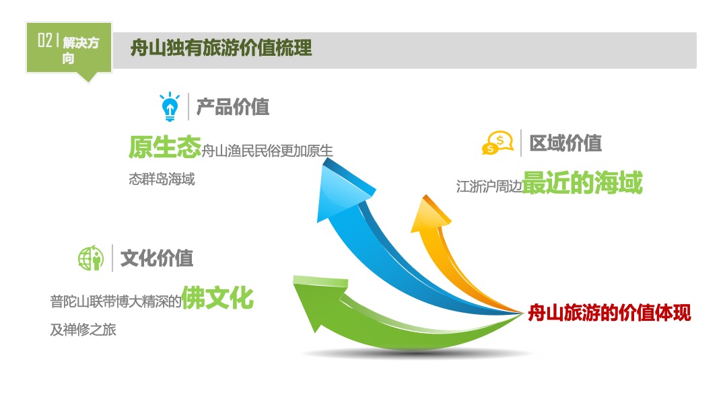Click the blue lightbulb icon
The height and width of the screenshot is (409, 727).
pos(169,106)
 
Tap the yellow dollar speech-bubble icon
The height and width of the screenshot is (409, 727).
pos(498,143)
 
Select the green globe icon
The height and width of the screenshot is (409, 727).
pos(91,258)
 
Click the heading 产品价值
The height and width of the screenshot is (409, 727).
pos(233,107)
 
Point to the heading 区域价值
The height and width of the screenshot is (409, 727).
pos(565,143)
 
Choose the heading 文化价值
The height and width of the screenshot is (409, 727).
pos(157,258)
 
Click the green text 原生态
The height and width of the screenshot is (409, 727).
pos(165,147)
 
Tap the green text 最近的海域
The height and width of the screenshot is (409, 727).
pos(582,182)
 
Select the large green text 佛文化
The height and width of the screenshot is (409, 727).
pos(217,297)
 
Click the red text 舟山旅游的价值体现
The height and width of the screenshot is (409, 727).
pos(610,313)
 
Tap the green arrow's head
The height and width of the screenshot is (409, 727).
pos(319,301)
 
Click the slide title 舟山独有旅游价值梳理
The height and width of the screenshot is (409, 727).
pos(221,48)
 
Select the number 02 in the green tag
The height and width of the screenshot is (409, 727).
pos(45,40)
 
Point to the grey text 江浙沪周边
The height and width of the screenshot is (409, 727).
pos(489,186)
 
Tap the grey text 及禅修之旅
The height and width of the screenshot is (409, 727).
pos(83,330)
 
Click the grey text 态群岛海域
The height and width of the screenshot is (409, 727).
pos(162,179)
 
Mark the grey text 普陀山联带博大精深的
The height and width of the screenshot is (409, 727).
pos(116,301)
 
